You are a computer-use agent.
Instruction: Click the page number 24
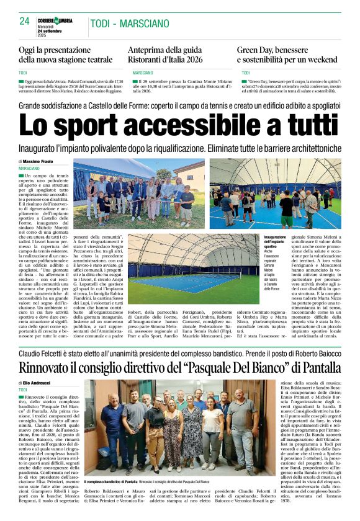tap(25, 21)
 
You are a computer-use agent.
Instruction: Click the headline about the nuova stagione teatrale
tap(66, 55)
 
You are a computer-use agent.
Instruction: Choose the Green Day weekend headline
tap(287, 55)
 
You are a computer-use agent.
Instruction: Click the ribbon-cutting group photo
tap(142, 193)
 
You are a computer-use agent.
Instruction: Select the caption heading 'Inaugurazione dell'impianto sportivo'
tap(275, 243)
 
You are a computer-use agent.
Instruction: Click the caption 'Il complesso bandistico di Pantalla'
tap(110, 481)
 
